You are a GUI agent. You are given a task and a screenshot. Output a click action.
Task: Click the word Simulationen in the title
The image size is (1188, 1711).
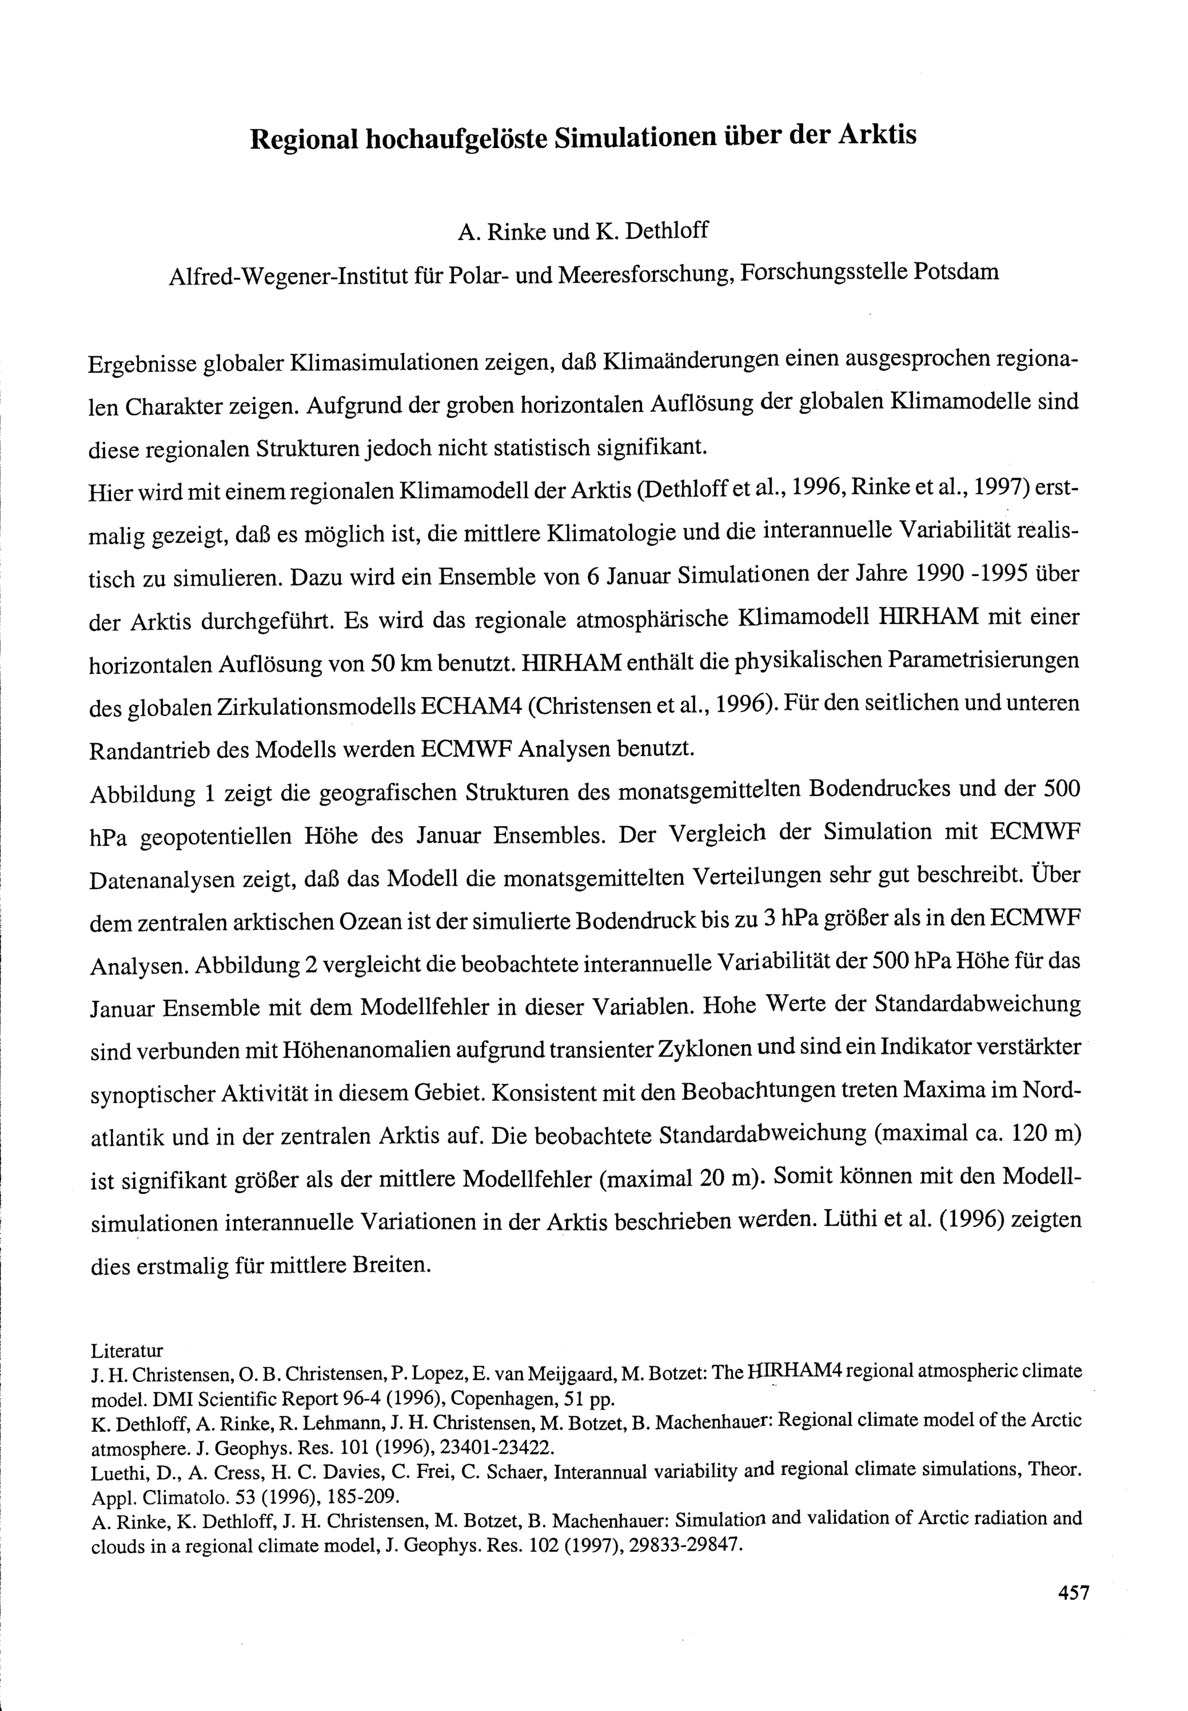(634, 137)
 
